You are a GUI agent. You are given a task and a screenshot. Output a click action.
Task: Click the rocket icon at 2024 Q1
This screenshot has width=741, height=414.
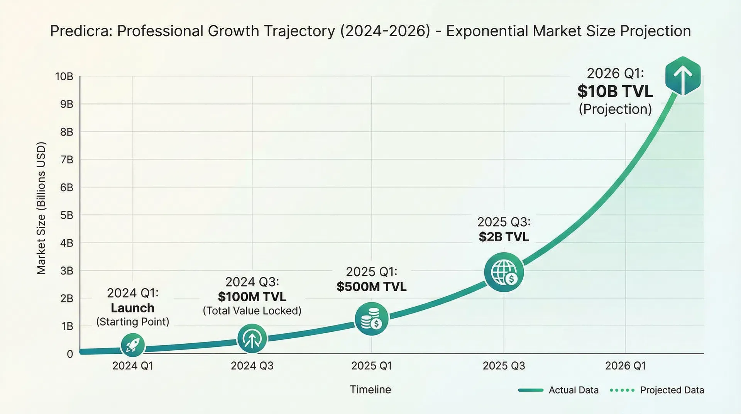(133, 345)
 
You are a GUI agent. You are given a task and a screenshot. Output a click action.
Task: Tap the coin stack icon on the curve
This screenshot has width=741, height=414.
(371, 319)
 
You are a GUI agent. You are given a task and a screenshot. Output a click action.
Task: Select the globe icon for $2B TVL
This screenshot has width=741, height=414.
(504, 272)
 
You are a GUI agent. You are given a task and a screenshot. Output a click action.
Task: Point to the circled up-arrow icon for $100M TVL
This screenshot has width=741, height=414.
(252, 339)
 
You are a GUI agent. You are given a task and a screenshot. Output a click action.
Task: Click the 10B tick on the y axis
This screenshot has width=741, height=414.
(64, 76)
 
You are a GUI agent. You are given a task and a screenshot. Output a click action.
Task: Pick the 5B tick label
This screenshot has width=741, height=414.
(66, 215)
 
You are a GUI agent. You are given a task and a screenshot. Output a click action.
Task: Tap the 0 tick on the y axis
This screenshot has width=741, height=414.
(70, 354)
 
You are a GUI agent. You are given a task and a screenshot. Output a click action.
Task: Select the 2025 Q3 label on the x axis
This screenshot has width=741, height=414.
(504, 366)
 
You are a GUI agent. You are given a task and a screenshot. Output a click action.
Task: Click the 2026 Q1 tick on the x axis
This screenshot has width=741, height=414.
(625, 366)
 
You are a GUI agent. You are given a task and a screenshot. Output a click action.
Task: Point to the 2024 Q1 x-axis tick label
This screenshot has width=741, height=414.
(133, 366)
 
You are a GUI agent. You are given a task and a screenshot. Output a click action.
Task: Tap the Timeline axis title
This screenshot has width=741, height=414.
(370, 389)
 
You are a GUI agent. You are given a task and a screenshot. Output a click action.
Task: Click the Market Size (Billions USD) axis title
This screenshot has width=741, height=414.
(41, 208)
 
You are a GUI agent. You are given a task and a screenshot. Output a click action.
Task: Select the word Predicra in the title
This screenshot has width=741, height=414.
(81, 31)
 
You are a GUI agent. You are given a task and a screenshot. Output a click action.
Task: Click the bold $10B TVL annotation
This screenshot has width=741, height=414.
(615, 92)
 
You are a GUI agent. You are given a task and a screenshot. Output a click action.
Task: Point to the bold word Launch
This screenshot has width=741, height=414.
(133, 308)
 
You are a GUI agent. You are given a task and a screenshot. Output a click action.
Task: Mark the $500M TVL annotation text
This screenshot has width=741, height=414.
(371, 287)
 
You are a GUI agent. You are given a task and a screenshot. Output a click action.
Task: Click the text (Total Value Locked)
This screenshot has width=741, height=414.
(252, 311)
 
